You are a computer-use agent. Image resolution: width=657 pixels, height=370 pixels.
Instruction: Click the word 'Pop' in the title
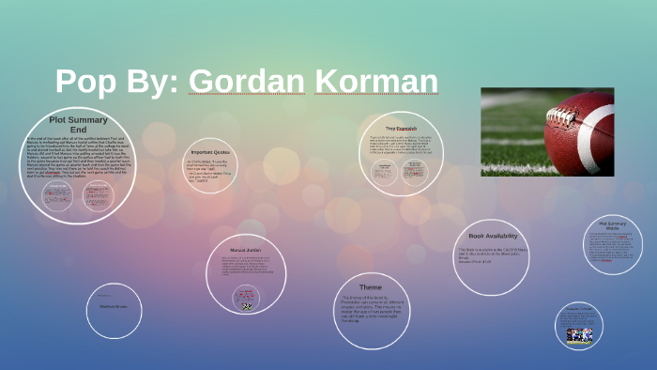click(x=86, y=82)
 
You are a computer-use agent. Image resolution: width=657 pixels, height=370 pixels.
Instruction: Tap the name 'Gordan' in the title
click(x=248, y=82)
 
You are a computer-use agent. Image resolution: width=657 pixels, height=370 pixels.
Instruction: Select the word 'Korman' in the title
click(x=376, y=82)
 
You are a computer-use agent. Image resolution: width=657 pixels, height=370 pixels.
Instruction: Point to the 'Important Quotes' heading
click(x=210, y=151)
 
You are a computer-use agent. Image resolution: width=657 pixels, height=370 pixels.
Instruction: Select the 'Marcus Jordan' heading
click(x=245, y=250)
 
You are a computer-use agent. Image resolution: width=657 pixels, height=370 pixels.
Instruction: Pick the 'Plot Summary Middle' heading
click(x=612, y=225)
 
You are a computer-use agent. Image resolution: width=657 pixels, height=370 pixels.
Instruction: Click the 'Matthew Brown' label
click(x=114, y=306)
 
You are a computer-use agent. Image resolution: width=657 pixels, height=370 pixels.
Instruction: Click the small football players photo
click(x=579, y=334)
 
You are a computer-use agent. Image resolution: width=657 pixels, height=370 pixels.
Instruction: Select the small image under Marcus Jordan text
click(x=246, y=305)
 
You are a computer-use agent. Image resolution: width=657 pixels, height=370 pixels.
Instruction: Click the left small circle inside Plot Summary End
click(x=58, y=195)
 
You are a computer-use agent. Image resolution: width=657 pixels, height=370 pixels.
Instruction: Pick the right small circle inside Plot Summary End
click(x=98, y=195)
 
